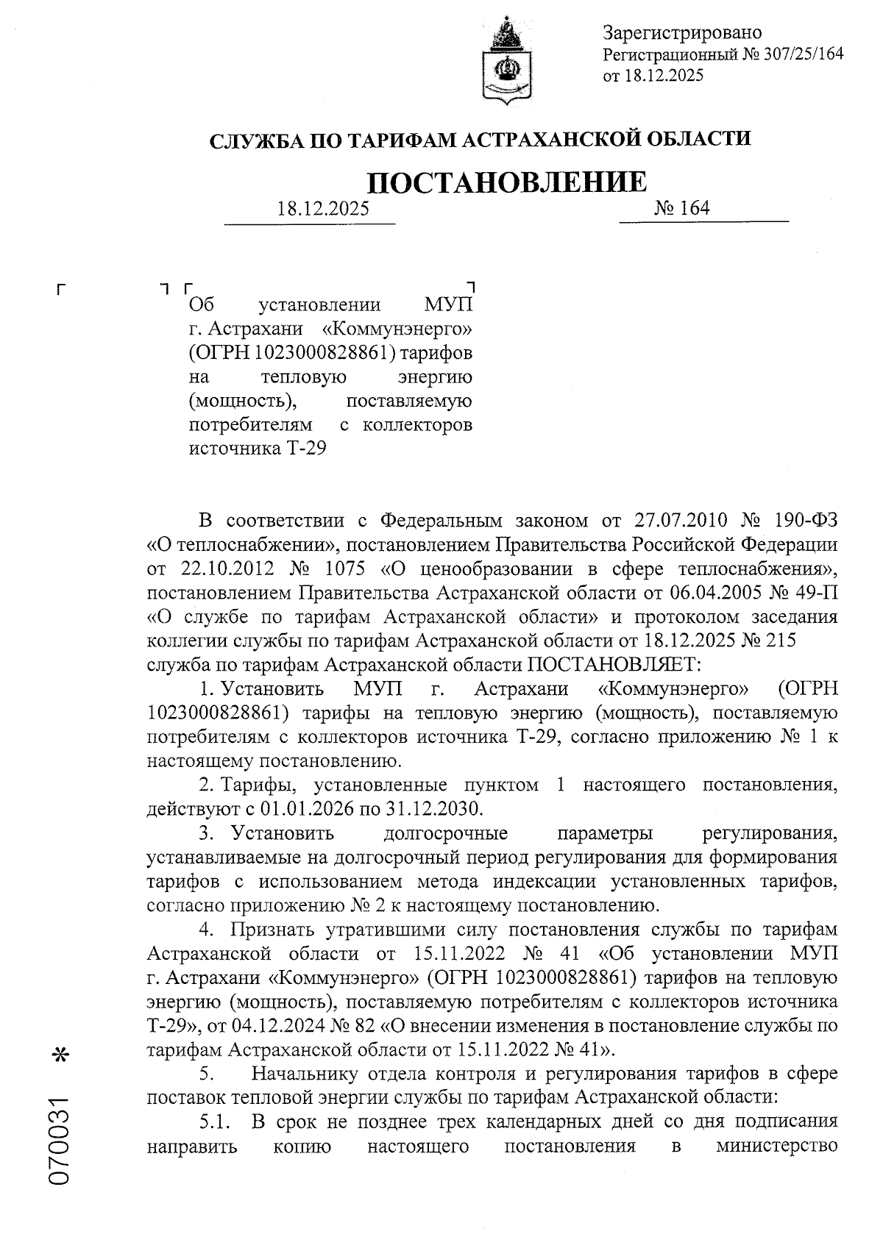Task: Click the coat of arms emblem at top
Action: pyautogui.click(x=506, y=60)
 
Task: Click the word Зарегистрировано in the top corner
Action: pyautogui.click(x=682, y=33)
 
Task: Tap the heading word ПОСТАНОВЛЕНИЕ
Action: pyautogui.click(x=507, y=182)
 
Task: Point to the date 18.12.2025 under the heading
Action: pyautogui.click(x=323, y=209)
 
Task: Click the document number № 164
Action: pyautogui.click(x=681, y=208)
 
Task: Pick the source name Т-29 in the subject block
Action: pyautogui.click(x=305, y=449)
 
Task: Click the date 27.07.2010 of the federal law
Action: pyautogui.click(x=681, y=521)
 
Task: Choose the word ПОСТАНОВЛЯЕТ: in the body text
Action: pyautogui.click(x=614, y=665)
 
